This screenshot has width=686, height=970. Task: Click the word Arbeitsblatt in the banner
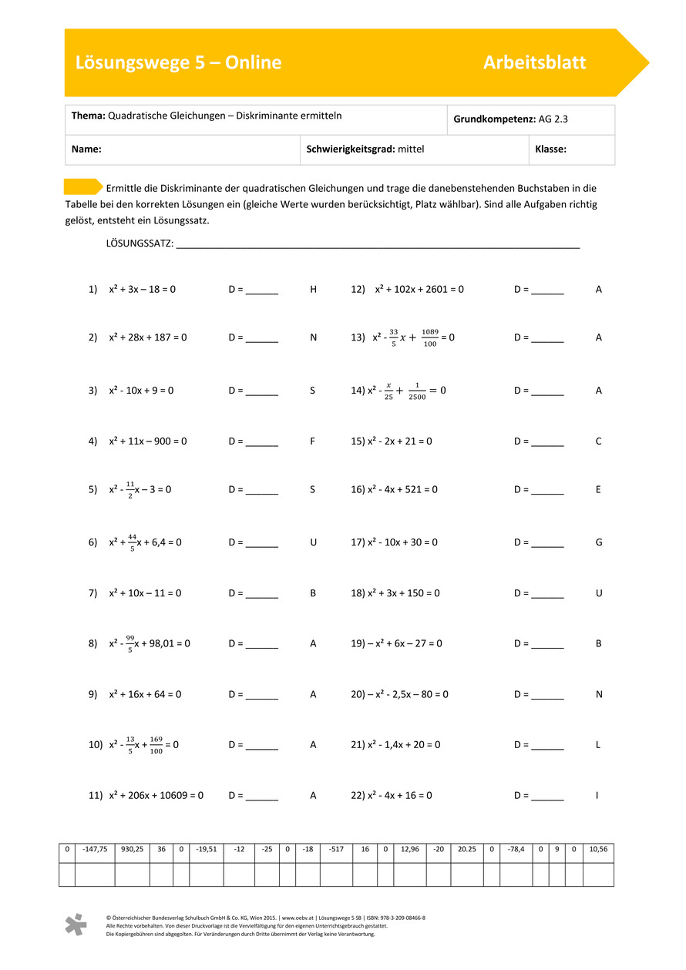coord(534,62)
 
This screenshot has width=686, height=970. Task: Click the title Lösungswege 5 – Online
coord(178,62)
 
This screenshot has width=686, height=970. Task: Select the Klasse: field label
coord(550,149)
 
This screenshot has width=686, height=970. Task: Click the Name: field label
coord(86,149)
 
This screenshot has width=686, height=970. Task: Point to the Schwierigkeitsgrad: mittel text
coord(365,149)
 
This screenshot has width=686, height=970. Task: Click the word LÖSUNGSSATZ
coord(139,244)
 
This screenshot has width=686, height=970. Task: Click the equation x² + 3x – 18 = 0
coord(143,290)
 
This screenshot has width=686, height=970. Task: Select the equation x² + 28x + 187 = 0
coord(148,337)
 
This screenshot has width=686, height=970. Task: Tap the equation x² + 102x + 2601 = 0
coord(419,290)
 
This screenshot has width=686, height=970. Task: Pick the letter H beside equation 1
coord(313,290)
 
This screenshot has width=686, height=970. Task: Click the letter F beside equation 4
coord(312,441)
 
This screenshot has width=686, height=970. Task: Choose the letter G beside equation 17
coord(599,542)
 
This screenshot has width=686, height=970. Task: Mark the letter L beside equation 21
coord(598,745)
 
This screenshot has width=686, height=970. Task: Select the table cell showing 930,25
coord(132,850)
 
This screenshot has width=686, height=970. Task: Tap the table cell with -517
coord(336,850)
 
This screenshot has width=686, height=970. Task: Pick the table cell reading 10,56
coord(598,850)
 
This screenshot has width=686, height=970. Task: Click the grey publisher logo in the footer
coord(76,925)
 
